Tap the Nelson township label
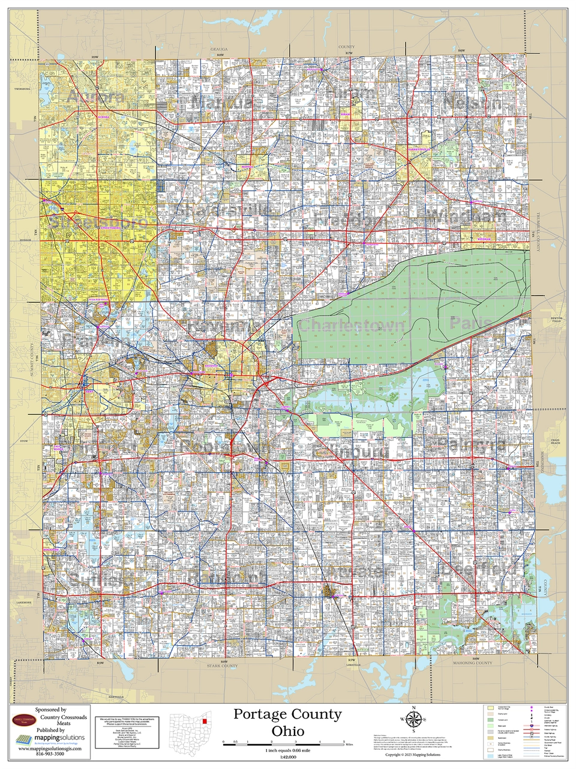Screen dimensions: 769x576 point(472,103)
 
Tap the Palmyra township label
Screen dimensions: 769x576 point(471,445)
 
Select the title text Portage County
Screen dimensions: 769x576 point(287,714)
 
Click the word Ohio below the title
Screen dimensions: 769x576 point(287,731)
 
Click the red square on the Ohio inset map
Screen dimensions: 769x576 point(205,719)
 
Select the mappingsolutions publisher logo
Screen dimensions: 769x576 point(50,738)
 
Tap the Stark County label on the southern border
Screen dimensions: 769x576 point(222,666)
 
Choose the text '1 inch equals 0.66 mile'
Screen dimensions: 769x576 point(287,750)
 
